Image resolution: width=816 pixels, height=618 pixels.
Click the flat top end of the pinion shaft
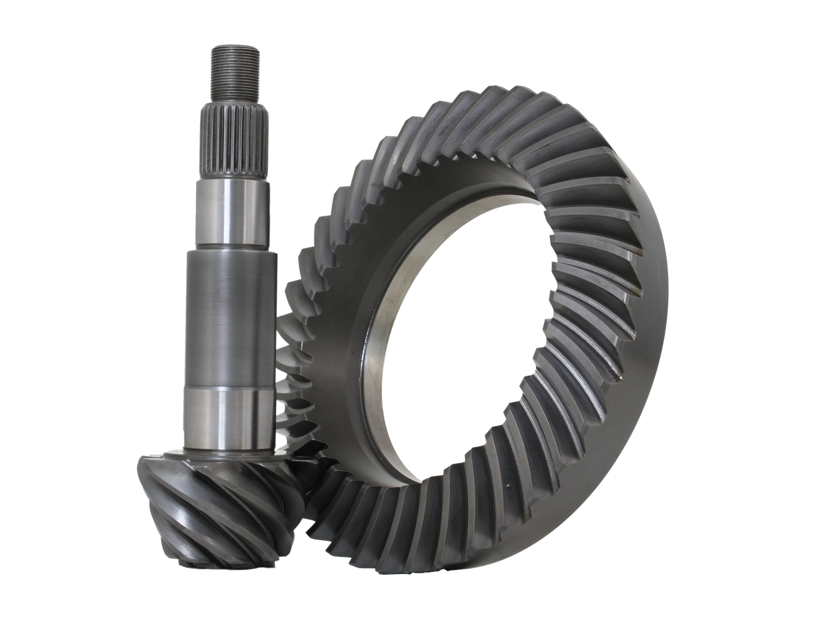(x=235, y=46)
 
